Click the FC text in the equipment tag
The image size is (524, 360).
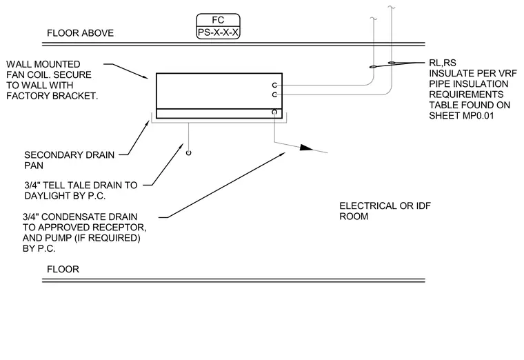218,20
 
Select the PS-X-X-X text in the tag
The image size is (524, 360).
219,32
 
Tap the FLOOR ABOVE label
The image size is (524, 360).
80,33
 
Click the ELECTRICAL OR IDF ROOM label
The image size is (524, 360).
385,211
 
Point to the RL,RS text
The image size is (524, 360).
443,63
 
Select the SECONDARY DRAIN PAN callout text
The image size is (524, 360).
69,160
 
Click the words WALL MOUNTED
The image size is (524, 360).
43,64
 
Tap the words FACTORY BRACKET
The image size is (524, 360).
52,96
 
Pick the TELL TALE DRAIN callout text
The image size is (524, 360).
81,190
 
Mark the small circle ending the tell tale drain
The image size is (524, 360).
188,153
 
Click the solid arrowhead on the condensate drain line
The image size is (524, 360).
306,148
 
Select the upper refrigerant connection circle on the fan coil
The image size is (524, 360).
274,86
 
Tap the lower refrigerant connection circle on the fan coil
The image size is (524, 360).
274,95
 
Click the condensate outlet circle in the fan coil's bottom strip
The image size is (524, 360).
274,112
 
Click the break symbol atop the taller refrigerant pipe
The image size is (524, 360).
392,7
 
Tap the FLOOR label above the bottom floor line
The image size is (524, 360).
63,269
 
